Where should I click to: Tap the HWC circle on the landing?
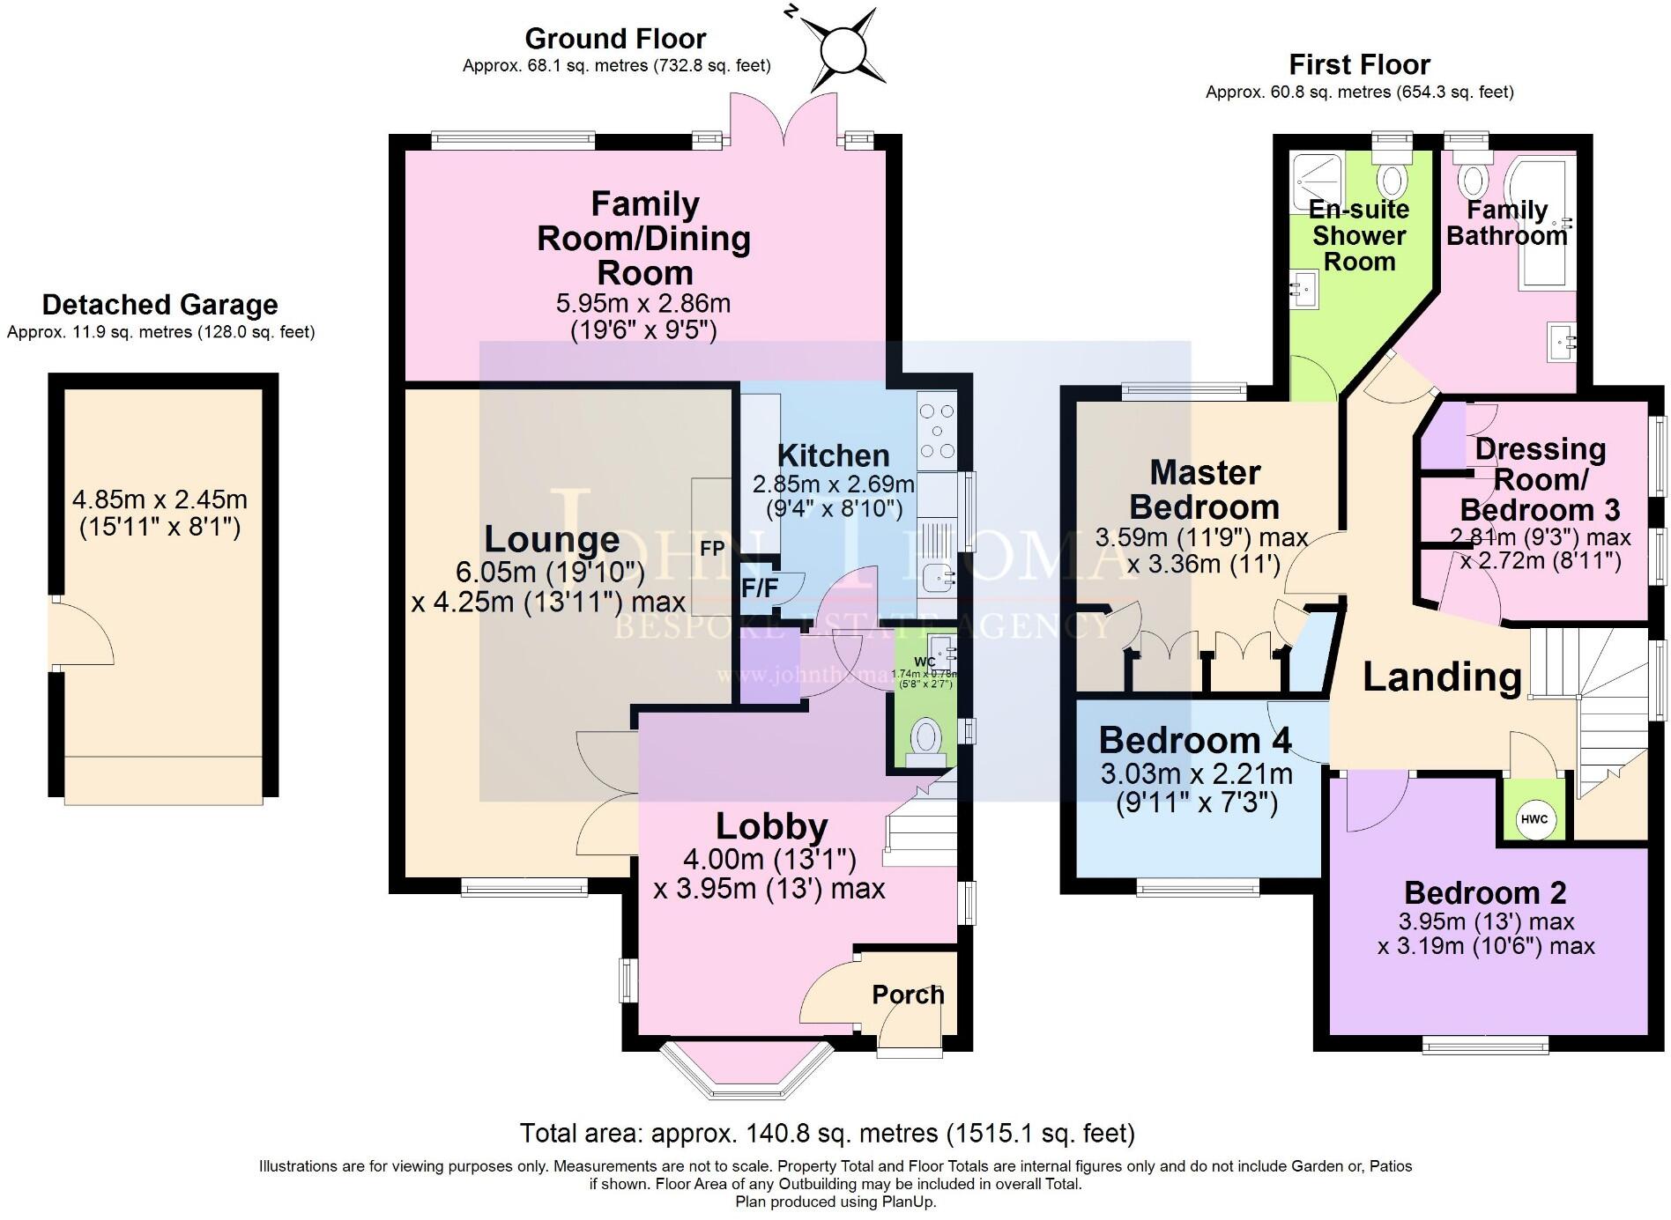click(x=1534, y=819)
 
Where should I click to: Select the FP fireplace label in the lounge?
click(x=712, y=549)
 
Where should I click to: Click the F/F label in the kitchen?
click(x=759, y=588)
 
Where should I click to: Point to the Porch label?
click(x=908, y=994)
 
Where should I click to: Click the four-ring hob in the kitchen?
click(x=936, y=431)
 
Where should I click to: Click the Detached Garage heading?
click(x=160, y=305)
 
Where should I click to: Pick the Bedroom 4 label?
click(x=1195, y=740)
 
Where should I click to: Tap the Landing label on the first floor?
click(x=1442, y=677)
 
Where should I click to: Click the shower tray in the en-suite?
click(x=1317, y=182)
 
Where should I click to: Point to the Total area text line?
click(x=827, y=1133)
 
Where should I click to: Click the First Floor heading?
click(x=1359, y=64)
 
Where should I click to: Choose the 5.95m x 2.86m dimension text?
click(x=642, y=304)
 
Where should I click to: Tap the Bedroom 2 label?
click(x=1485, y=892)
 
